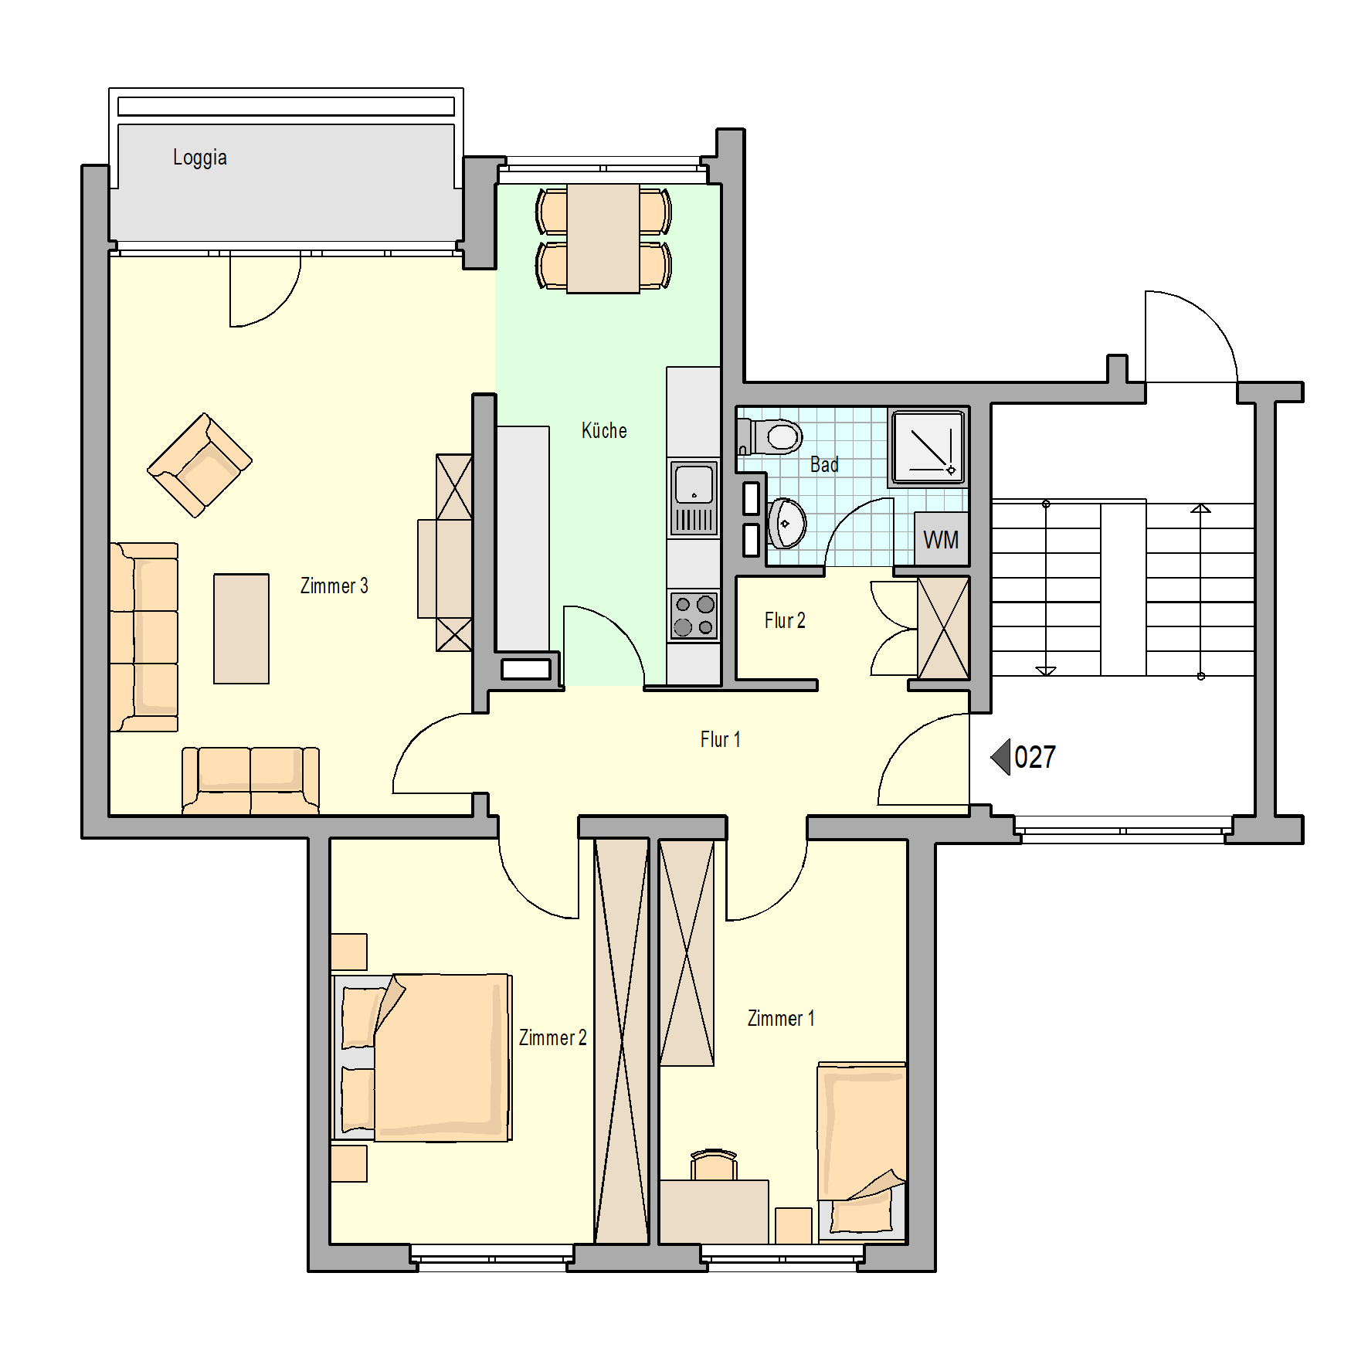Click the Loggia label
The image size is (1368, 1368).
click(x=199, y=158)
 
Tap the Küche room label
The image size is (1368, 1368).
click(x=604, y=430)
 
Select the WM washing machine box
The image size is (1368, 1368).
click(x=941, y=539)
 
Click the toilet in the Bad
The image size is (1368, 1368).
click(x=770, y=437)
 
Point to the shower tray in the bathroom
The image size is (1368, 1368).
click(x=928, y=447)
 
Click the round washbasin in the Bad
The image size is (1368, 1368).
click(x=787, y=523)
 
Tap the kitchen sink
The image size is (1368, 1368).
click(x=694, y=498)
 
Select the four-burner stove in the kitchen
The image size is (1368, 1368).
click(x=694, y=616)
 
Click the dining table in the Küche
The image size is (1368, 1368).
click(x=603, y=239)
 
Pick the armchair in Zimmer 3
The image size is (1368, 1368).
click(x=199, y=465)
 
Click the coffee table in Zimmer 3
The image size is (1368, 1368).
click(x=241, y=629)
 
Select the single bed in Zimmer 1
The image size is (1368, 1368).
click(x=862, y=1151)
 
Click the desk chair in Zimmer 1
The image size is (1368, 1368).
click(x=714, y=1165)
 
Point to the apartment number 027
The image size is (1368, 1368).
click(x=1035, y=757)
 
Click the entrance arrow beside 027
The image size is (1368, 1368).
click(x=1001, y=757)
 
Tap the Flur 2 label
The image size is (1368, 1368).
click(x=785, y=620)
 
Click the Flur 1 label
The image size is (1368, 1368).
click(x=720, y=739)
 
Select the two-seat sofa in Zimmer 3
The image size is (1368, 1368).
click(x=250, y=780)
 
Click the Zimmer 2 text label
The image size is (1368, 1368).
click(x=552, y=1037)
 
